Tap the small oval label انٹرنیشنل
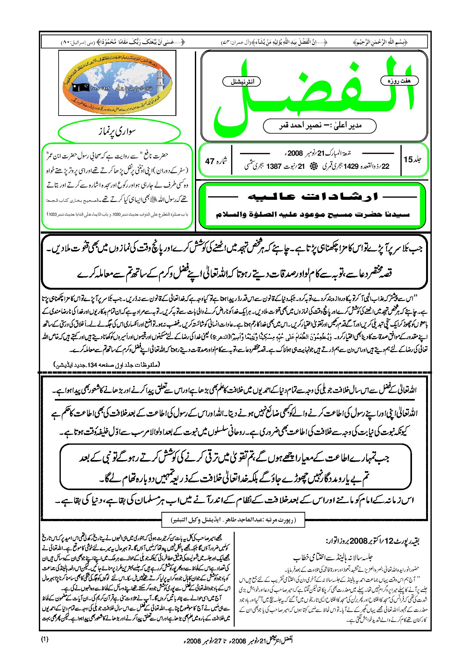coord(242,82)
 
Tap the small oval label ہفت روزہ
coord(399,81)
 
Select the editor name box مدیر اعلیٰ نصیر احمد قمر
coord(320,126)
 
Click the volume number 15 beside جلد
coord(408,159)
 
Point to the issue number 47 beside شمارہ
coord(210,161)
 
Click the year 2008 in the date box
coord(295,153)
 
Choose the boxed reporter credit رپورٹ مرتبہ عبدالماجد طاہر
coord(233,520)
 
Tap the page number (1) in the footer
coord(45,640)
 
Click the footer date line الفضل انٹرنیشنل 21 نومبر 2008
coord(238,640)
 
